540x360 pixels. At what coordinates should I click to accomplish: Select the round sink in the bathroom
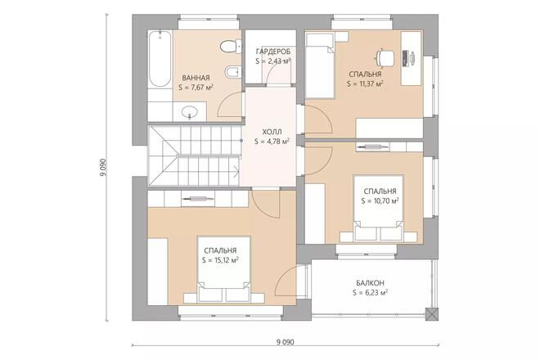click(191, 110)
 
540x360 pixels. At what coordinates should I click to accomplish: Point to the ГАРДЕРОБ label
click(273, 51)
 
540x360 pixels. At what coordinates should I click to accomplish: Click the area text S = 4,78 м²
click(272, 141)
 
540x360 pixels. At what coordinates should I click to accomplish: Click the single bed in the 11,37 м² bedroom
click(321, 66)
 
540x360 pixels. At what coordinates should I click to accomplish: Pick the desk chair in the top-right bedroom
click(383, 56)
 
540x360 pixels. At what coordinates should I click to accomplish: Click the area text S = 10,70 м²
click(380, 200)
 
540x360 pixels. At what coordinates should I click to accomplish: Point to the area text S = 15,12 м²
click(221, 260)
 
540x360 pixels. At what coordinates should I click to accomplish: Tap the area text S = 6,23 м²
click(370, 292)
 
